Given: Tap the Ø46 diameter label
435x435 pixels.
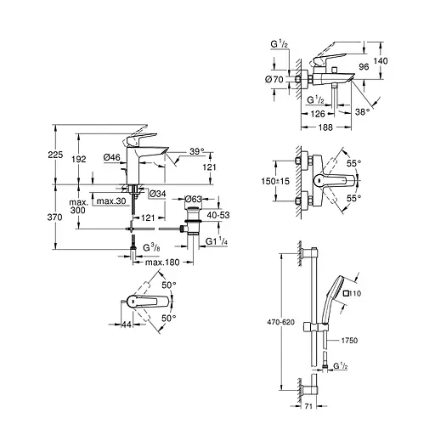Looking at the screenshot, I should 112,158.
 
